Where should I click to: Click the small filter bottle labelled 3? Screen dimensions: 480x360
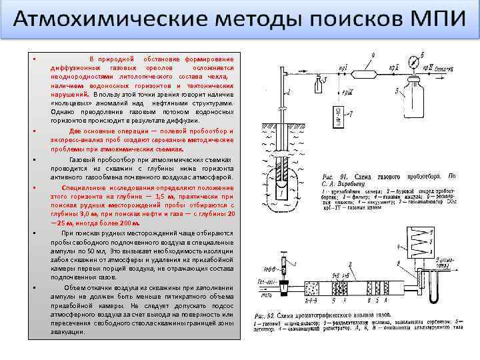click(x=317, y=82)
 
